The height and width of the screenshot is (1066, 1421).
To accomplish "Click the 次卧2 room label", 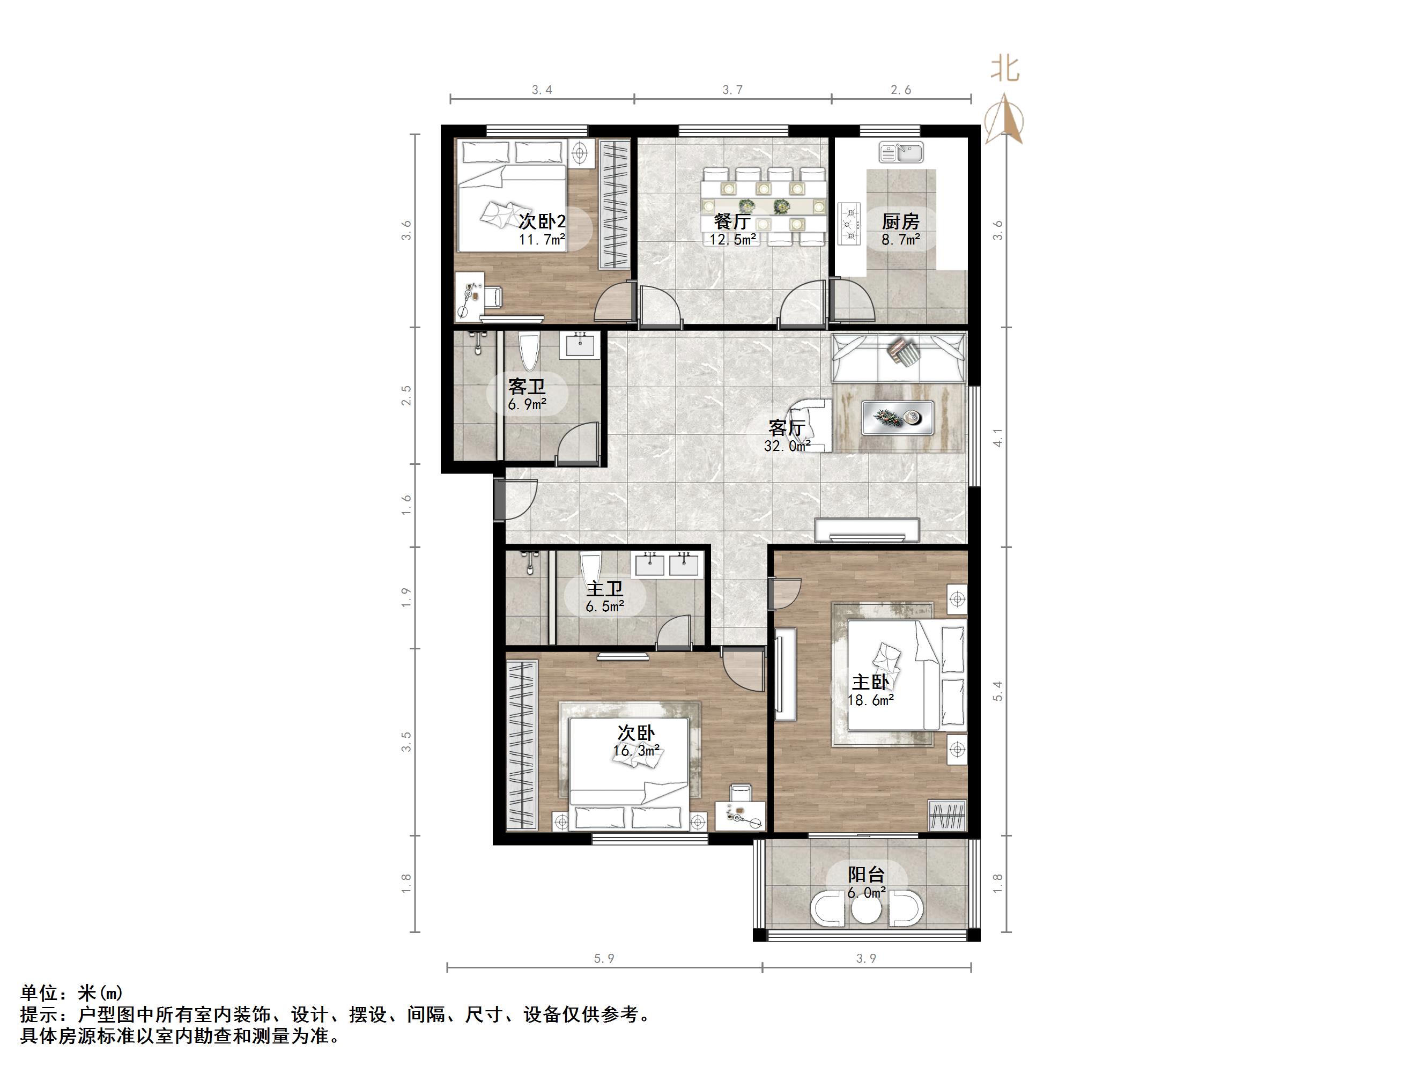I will pyautogui.click(x=542, y=221).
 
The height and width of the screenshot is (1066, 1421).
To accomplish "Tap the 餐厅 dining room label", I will pyautogui.click(x=732, y=221).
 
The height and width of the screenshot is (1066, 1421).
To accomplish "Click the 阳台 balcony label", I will pyautogui.click(x=866, y=875).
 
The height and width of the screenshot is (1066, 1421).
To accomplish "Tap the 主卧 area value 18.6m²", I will pyautogui.click(x=870, y=700).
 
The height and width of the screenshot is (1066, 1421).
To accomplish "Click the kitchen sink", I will pyautogui.click(x=901, y=153).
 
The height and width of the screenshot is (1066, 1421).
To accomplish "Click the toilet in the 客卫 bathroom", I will pyautogui.click(x=529, y=352).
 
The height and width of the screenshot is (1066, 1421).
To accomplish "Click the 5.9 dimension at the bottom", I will pyautogui.click(x=604, y=959).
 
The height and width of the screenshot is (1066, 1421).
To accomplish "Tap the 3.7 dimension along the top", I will pyautogui.click(x=732, y=90).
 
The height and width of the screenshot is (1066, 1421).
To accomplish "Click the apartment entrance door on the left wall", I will pyautogui.click(x=500, y=499).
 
